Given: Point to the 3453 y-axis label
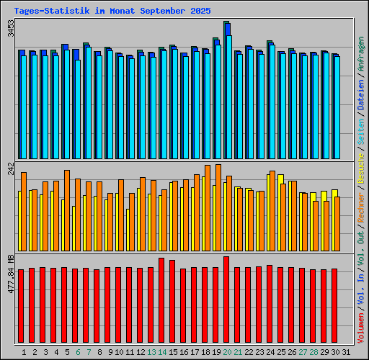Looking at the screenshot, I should (x=10, y=32).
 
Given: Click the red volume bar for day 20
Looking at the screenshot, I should (x=226, y=297).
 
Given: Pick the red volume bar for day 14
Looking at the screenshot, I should (x=161, y=298).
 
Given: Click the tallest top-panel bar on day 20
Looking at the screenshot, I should (x=226, y=90).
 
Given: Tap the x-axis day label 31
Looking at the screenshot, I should (x=345, y=352).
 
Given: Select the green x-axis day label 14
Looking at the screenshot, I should (x=162, y=352).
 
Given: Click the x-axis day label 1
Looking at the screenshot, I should (x=25, y=352).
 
